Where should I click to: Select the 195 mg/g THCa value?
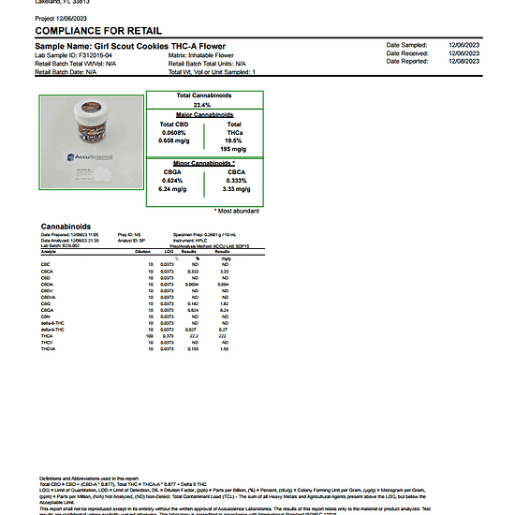coord(233,148)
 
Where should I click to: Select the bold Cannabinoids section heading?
coord(66,226)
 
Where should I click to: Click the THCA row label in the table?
coord(48,337)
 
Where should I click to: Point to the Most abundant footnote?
coord(236,211)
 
